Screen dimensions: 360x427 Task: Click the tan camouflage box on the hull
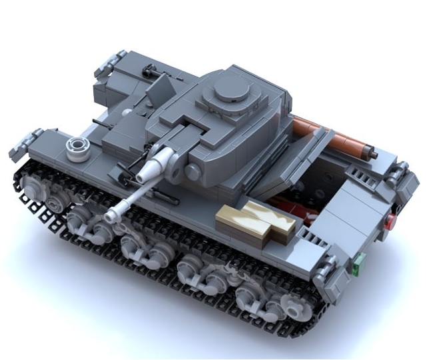pos(256,219)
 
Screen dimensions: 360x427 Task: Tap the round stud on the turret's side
pos(193,172)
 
